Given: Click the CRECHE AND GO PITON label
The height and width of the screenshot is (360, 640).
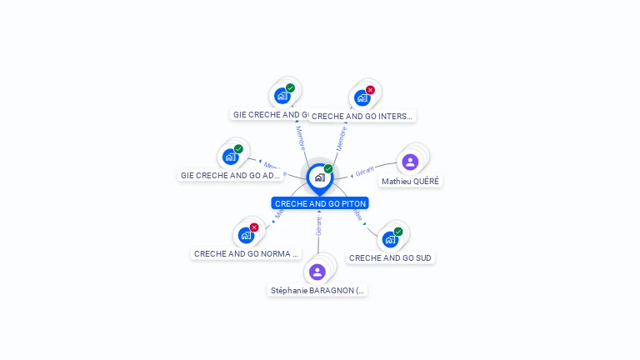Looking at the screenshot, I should pyautogui.click(x=320, y=203).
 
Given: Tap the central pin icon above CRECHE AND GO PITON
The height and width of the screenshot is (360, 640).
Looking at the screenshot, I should pyautogui.click(x=319, y=177).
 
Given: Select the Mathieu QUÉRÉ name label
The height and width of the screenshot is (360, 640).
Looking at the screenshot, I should pyautogui.click(x=410, y=181).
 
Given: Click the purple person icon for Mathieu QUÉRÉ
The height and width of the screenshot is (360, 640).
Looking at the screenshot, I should pyautogui.click(x=410, y=162).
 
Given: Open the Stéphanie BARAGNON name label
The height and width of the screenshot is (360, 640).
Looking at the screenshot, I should pyautogui.click(x=317, y=291).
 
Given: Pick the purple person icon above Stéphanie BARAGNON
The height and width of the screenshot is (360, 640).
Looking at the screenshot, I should pyautogui.click(x=317, y=272).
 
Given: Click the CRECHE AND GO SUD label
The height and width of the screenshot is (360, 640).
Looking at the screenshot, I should pyautogui.click(x=390, y=258).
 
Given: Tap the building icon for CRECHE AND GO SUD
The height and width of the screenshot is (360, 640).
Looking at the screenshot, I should pyautogui.click(x=389, y=240).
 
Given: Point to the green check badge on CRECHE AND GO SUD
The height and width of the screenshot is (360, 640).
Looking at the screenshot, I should pyautogui.click(x=398, y=232).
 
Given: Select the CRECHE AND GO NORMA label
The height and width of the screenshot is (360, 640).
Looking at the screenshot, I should pyautogui.click(x=246, y=253).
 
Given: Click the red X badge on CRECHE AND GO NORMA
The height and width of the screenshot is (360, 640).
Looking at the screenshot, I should pyautogui.click(x=254, y=227).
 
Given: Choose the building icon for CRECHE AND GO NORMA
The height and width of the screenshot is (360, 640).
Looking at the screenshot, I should pyautogui.click(x=245, y=236).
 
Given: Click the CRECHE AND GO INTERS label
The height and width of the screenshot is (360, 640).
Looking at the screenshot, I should pyautogui.click(x=362, y=117).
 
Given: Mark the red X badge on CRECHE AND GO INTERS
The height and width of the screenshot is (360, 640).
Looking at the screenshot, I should pyautogui.click(x=370, y=90).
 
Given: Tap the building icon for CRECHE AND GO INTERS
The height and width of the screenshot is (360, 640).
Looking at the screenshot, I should pyautogui.click(x=362, y=98).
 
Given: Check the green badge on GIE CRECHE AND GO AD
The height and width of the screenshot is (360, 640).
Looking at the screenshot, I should pyautogui.click(x=238, y=149).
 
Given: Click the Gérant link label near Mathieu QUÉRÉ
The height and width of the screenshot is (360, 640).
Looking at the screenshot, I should pyautogui.click(x=364, y=172).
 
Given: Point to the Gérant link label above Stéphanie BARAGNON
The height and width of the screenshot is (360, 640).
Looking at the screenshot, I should pyautogui.click(x=318, y=224).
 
